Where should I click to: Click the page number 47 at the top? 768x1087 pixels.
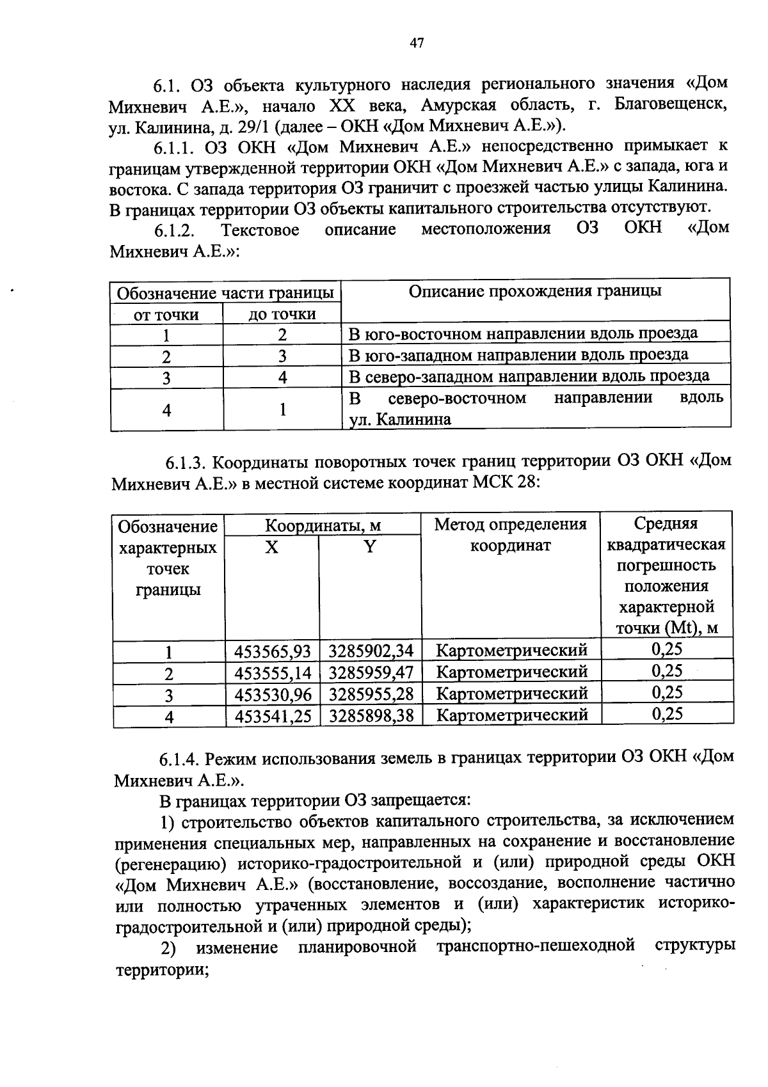coord(416,44)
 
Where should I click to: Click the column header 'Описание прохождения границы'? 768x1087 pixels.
coord(535,292)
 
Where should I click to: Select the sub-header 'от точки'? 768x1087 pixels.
coord(166,315)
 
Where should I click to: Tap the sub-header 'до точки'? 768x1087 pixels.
coord(282,314)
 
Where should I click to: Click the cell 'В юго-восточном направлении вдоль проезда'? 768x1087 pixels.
coord(522,333)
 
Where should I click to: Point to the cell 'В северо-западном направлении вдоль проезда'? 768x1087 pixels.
coord(529,376)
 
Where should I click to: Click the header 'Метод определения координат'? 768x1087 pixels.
coord(510,536)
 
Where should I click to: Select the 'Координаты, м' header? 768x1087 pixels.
coord(323,526)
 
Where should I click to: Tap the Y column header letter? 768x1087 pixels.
coord(369,547)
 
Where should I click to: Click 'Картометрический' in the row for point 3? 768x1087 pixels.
coord(511,694)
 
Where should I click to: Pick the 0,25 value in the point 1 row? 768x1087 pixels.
coord(667,649)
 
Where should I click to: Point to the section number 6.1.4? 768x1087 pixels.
coord(179,759)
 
